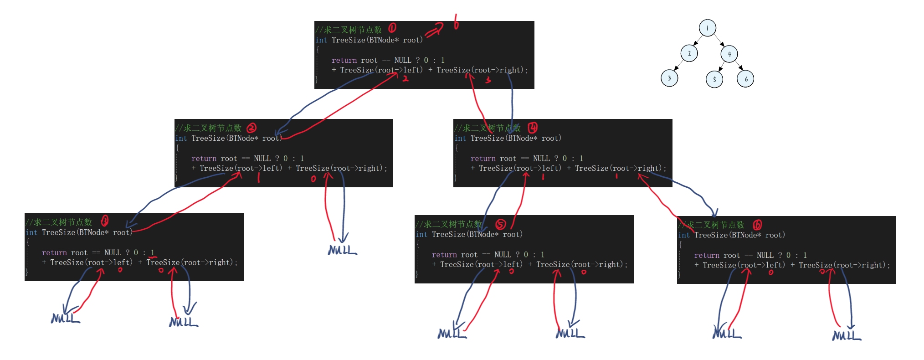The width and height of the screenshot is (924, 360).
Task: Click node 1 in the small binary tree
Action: [x=707, y=28]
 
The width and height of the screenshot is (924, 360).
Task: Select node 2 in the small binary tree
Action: [x=689, y=54]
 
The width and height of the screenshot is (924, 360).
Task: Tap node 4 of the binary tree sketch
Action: [x=729, y=54]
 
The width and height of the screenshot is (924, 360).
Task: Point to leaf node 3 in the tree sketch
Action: [x=669, y=78]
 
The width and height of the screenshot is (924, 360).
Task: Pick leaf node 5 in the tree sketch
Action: [x=714, y=79]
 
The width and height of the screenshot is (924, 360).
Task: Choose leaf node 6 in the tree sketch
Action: [x=745, y=79]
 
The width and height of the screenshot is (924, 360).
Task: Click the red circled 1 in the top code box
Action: [x=392, y=28]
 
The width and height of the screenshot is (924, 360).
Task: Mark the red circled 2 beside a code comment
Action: [x=252, y=128]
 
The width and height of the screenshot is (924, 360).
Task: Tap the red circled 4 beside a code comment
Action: [x=532, y=127]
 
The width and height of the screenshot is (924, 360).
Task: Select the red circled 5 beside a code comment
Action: [x=500, y=224]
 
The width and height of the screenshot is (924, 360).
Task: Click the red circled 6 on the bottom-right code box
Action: [x=757, y=225]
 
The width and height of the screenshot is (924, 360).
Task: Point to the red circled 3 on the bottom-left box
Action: [x=104, y=221]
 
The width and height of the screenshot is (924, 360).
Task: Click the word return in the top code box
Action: [x=344, y=60]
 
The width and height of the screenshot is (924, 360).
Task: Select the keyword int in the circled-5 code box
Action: [x=421, y=234]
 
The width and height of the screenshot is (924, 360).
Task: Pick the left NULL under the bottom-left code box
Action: [x=65, y=318]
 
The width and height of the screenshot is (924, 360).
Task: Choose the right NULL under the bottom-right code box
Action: [x=846, y=335]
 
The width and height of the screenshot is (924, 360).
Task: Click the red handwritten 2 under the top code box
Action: [x=405, y=78]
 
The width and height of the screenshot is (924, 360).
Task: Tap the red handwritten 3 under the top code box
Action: [x=488, y=80]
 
